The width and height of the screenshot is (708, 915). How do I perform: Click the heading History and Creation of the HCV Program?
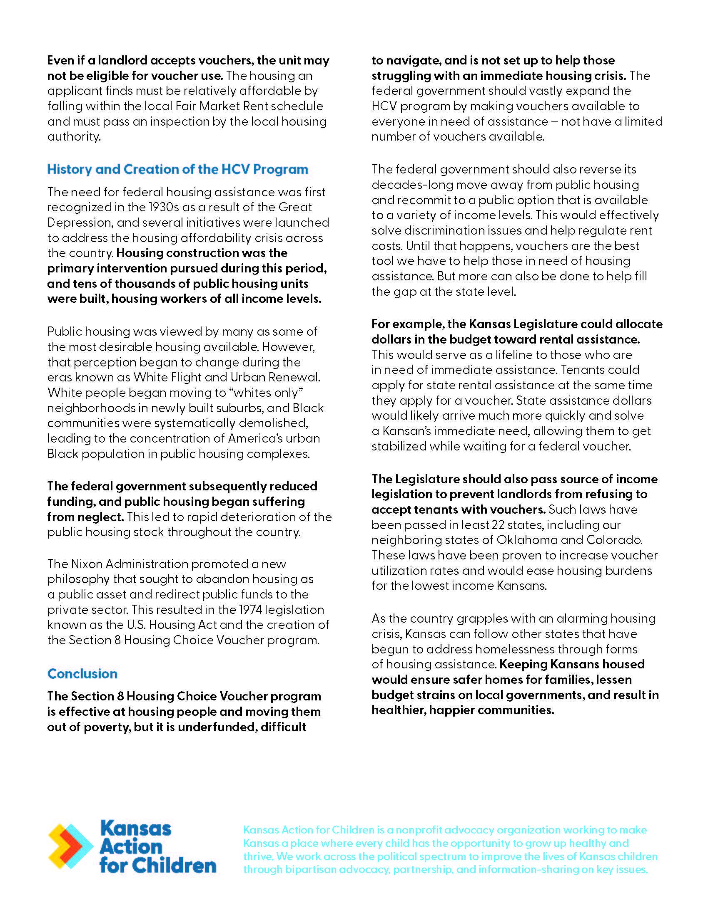[x=177, y=169]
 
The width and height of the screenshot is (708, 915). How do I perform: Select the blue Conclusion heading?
[x=82, y=674]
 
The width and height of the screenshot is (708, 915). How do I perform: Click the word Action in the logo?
[x=131, y=847]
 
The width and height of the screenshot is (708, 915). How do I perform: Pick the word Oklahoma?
[x=526, y=540]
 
